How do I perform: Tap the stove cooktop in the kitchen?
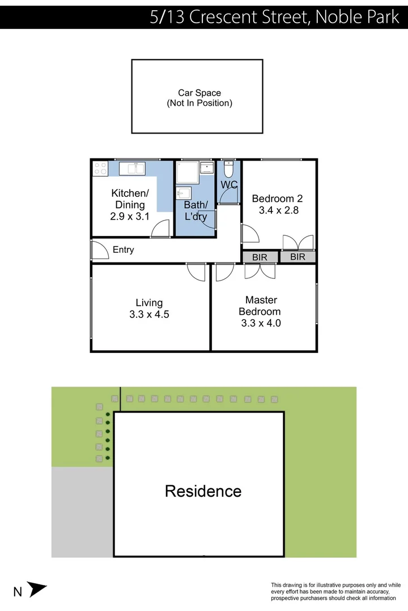click(x=100, y=168)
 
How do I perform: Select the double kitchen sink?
click(x=132, y=168)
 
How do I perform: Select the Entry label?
click(x=123, y=249)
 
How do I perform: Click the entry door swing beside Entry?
click(x=99, y=250)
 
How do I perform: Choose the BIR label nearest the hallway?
click(x=260, y=257)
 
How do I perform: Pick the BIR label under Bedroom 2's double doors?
click(x=297, y=257)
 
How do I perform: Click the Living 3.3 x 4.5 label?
click(x=149, y=308)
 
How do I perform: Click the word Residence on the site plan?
click(x=203, y=491)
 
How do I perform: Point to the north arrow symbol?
click(x=37, y=590)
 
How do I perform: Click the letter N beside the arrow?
click(x=18, y=592)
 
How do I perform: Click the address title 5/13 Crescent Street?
click(x=274, y=17)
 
